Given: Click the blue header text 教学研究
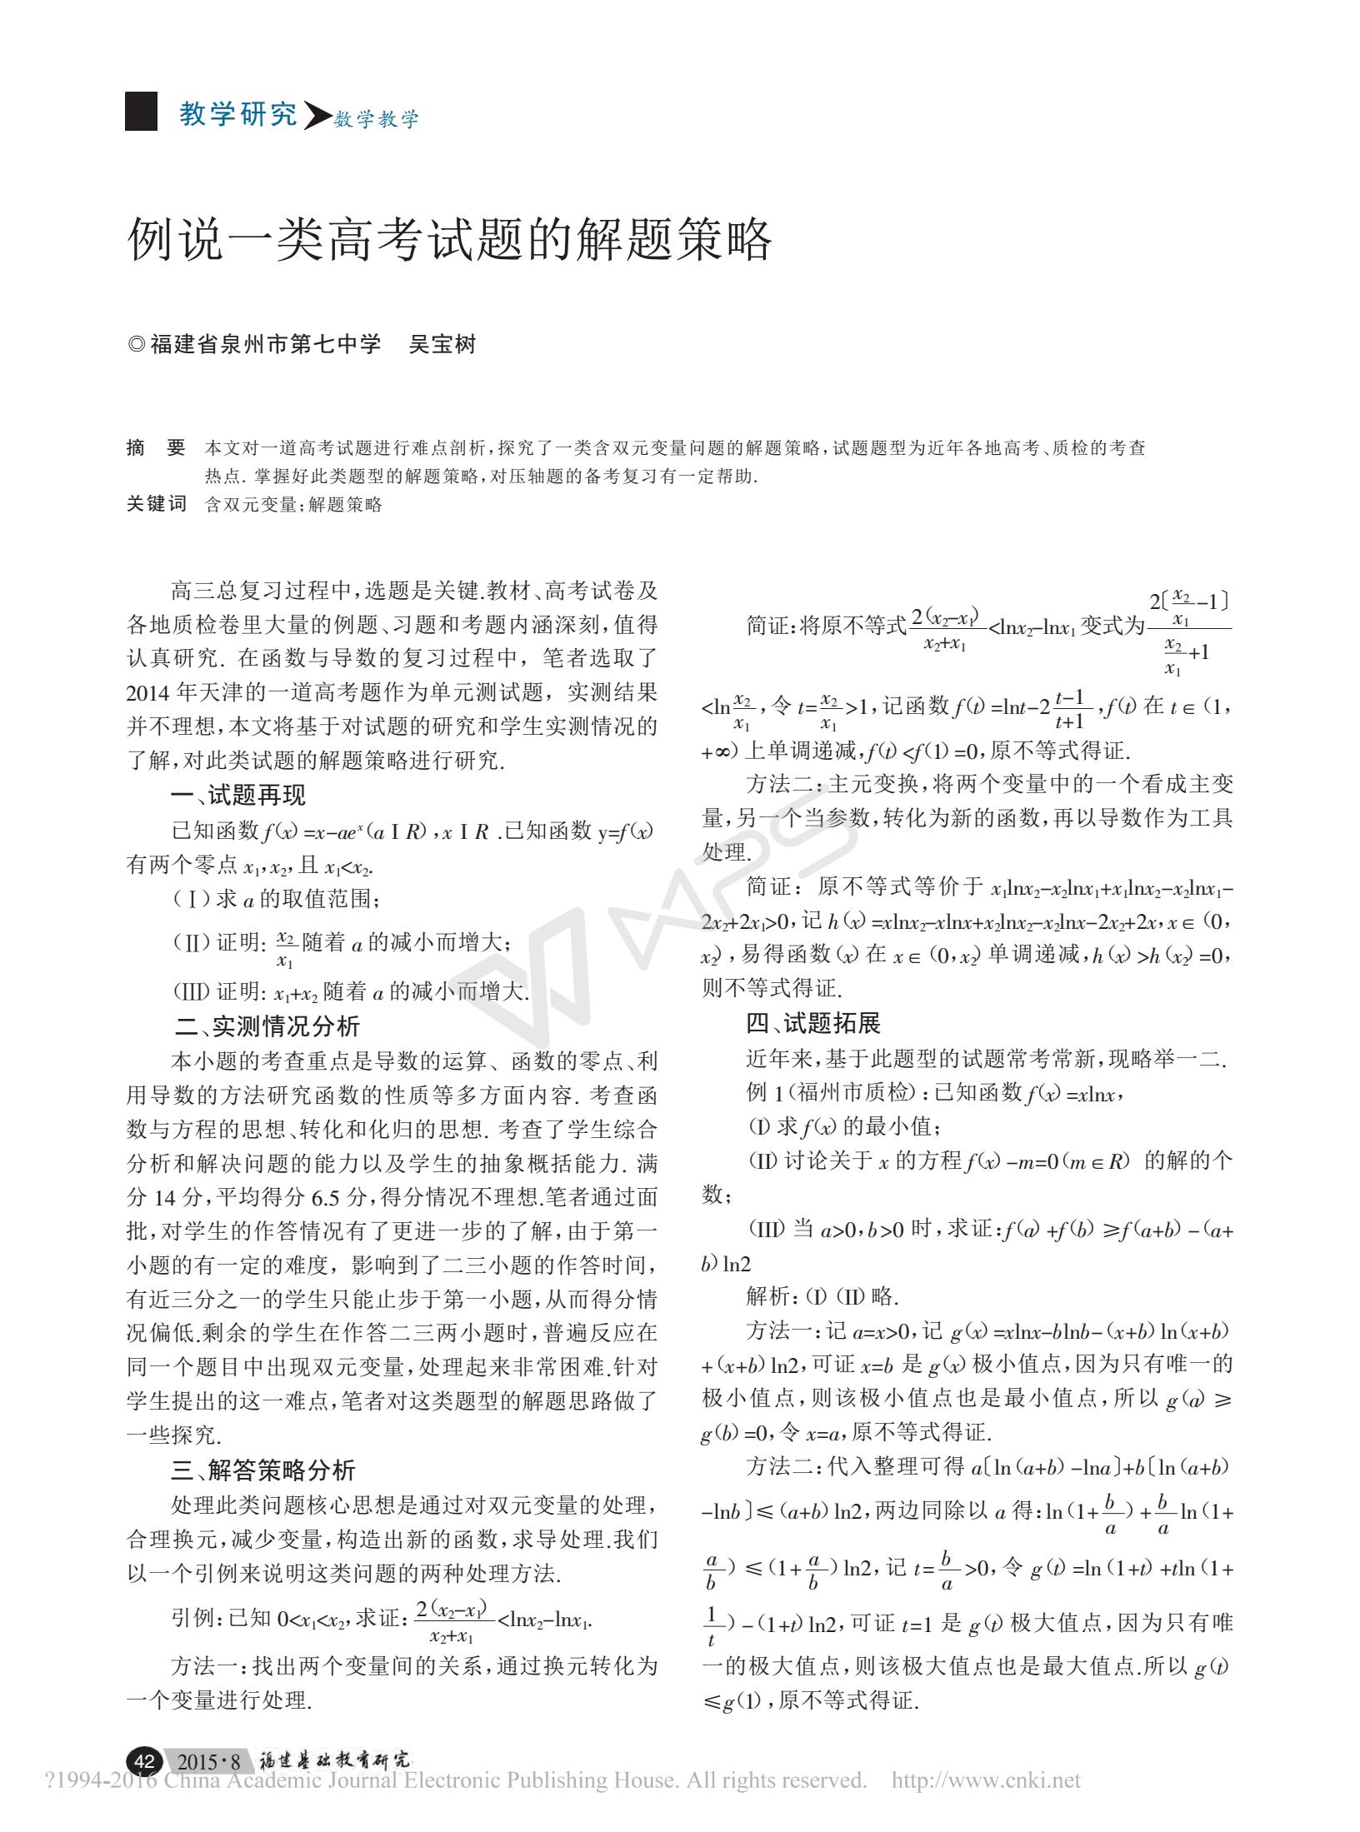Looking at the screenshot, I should [x=238, y=115].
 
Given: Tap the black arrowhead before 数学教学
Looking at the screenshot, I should [x=315, y=117].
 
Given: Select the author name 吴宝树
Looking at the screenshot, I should [x=442, y=344].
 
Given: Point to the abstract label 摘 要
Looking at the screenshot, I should [x=156, y=448].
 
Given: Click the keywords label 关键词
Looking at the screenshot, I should [x=156, y=504].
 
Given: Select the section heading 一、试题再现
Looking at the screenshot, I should [x=237, y=796].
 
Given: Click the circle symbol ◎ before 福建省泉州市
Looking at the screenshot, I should [x=137, y=345].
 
